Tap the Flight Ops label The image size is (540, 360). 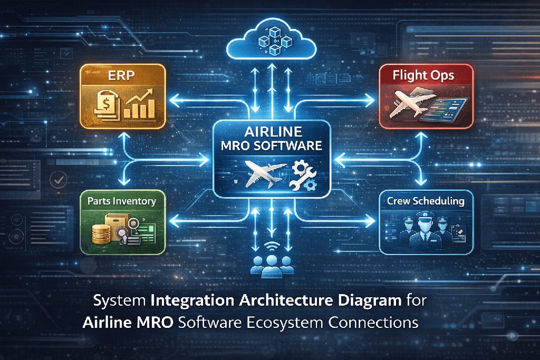pos(423,75)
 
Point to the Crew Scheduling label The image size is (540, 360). pos(425,201)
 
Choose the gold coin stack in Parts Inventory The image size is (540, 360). pos(100,233)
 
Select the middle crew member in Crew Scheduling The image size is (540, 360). pos(425,228)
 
